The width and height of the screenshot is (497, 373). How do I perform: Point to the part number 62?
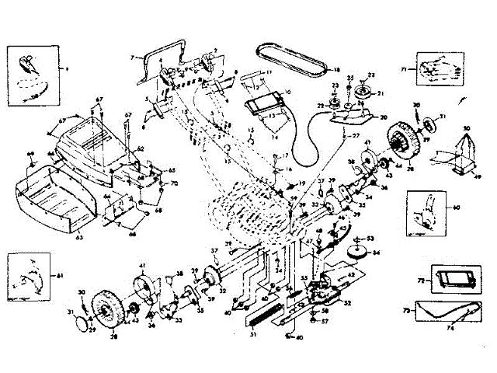[141, 148]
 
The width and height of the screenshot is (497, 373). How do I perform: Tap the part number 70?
[175, 183]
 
